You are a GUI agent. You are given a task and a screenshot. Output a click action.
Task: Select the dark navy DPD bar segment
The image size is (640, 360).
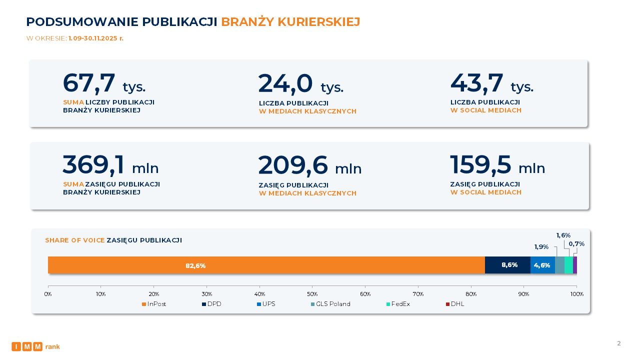point(507,265)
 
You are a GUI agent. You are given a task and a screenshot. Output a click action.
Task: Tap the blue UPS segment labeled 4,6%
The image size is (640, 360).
point(542,265)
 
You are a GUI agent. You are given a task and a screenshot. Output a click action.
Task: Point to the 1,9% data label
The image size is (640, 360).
point(541,246)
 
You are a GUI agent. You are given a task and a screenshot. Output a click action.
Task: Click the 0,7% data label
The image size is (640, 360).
point(576,244)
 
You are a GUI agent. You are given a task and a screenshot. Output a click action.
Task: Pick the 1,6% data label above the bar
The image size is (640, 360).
point(563,235)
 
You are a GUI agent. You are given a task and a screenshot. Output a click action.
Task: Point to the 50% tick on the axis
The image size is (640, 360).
point(312,294)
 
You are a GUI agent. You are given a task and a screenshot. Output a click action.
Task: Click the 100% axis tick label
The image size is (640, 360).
point(576,294)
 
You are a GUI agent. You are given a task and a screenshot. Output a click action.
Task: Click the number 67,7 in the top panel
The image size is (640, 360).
point(89,83)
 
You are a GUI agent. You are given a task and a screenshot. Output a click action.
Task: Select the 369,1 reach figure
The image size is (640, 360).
point(93,165)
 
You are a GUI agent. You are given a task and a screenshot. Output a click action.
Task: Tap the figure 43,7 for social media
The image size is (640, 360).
point(476,83)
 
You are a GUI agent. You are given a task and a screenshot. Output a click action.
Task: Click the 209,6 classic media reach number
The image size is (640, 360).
point(293,165)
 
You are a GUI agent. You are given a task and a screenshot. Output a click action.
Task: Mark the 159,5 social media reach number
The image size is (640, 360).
point(480,165)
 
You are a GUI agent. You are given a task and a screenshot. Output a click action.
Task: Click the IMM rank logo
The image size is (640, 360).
point(35,346)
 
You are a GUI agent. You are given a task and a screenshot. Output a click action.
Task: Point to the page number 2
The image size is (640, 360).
point(618,343)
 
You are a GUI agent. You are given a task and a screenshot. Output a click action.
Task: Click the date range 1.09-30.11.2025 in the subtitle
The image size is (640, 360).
point(96,38)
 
